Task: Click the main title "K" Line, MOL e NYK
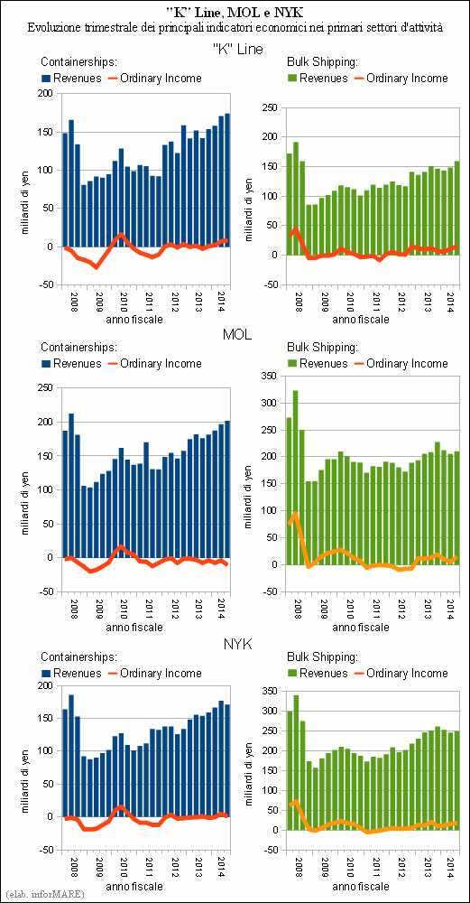(x=235, y=11)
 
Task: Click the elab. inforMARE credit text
(x=43, y=894)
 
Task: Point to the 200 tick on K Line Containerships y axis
(x=49, y=94)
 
